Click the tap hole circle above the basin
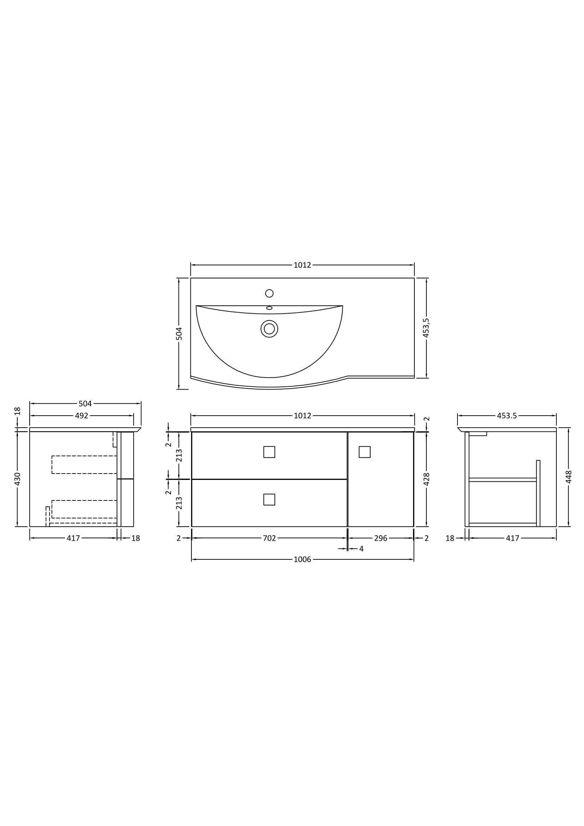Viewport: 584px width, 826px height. tap(269, 293)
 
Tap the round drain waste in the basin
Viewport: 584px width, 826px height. tap(269, 329)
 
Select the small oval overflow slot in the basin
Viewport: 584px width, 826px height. tap(269, 308)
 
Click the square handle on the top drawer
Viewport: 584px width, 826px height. tap(269, 452)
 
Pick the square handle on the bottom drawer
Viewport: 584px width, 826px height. tap(269, 499)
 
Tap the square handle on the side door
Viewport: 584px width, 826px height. tap(365, 452)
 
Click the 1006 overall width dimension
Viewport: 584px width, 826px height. tap(302, 559)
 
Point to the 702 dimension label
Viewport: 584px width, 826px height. tap(269, 538)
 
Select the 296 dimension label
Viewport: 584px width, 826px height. tap(381, 538)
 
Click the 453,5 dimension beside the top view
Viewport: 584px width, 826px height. tap(426, 328)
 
